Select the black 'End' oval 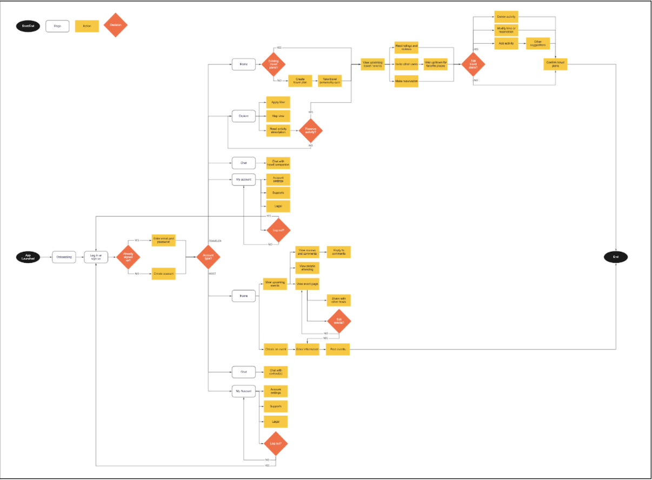[616, 257]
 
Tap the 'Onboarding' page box [64, 257]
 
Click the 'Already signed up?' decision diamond [128, 257]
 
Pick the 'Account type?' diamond [208, 257]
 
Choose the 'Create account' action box [164, 274]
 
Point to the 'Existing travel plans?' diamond [274, 64]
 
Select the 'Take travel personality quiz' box [329, 81]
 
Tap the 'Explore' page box [243, 116]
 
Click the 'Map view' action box [278, 116]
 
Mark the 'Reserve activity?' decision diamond [310, 130]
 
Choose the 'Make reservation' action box [406, 81]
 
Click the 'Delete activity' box [506, 17]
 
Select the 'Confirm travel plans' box [555, 64]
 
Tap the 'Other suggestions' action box [538, 43]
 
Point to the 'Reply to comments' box [338, 252]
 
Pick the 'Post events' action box [338, 350]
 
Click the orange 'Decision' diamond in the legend [115, 25]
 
